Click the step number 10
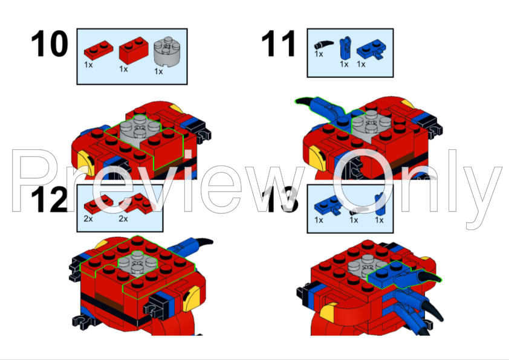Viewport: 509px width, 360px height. (x=50, y=43)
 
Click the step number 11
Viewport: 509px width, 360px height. (x=279, y=43)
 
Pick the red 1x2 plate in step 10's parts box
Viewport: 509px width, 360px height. (x=99, y=50)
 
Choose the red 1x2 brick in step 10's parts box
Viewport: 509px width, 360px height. (x=134, y=50)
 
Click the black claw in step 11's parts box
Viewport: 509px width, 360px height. (x=323, y=45)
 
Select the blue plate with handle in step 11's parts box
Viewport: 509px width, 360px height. (x=371, y=50)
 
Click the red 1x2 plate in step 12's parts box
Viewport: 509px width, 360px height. (x=99, y=204)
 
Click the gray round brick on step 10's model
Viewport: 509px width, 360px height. (x=140, y=129)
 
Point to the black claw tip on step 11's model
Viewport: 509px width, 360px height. (x=296, y=101)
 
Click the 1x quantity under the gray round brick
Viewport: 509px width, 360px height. (x=158, y=71)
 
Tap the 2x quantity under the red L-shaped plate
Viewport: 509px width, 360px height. (x=123, y=219)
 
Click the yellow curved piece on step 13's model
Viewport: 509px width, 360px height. (x=328, y=310)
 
